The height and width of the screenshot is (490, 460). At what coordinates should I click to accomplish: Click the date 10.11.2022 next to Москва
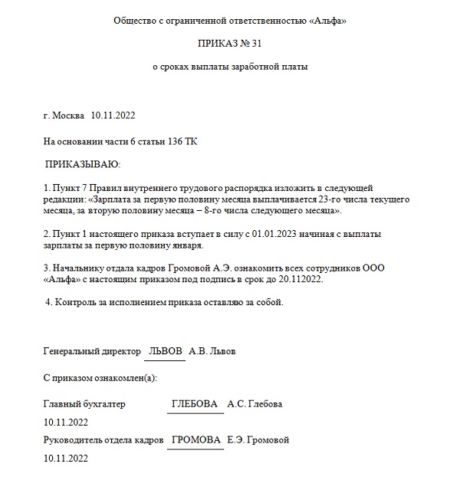[x=113, y=116]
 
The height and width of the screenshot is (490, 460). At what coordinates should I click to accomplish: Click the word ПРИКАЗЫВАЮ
[x=83, y=164]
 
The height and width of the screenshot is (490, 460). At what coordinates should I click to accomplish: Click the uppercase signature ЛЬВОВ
[x=166, y=351]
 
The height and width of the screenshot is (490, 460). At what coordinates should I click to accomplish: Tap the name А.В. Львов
[x=212, y=351]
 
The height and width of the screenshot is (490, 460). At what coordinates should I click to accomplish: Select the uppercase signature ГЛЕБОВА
[x=195, y=404]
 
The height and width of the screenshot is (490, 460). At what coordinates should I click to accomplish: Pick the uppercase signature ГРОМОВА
[x=195, y=440]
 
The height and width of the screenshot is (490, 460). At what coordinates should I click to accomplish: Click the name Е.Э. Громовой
[x=258, y=440]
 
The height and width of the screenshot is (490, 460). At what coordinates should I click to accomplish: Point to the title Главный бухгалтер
[x=84, y=404]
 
